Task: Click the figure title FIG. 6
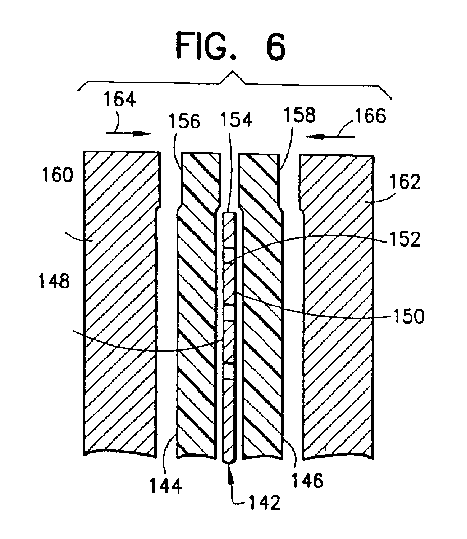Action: [x=230, y=46]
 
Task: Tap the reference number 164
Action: [x=119, y=100]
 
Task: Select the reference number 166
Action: [x=370, y=116]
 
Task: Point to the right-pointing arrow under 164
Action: [x=129, y=133]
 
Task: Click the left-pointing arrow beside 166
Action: [x=330, y=137]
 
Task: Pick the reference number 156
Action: [x=185, y=121]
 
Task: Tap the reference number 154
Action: [x=236, y=120]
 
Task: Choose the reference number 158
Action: [x=300, y=115]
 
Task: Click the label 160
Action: [x=57, y=175]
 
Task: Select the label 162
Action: [x=405, y=182]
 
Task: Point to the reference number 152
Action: [x=405, y=239]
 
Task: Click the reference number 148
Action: [x=54, y=281]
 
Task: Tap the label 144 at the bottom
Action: [x=165, y=486]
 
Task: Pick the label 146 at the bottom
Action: [x=308, y=480]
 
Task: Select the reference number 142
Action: [x=264, y=502]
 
